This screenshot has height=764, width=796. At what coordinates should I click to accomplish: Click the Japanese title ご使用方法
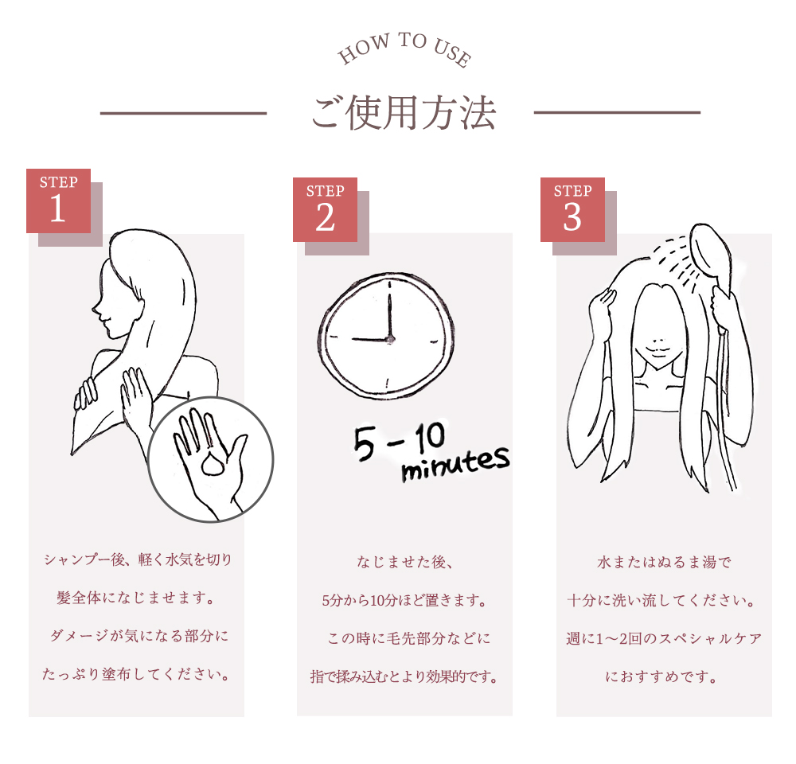pyautogui.click(x=403, y=113)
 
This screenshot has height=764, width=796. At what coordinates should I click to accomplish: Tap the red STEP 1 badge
pyautogui.click(x=58, y=201)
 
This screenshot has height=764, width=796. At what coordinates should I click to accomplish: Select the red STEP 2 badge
pyautogui.click(x=325, y=209)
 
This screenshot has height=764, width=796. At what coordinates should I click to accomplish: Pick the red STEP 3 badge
pyautogui.click(x=572, y=209)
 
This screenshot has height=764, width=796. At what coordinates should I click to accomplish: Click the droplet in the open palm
pyautogui.click(x=213, y=462)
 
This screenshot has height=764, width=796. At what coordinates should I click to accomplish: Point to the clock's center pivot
pyautogui.click(x=390, y=339)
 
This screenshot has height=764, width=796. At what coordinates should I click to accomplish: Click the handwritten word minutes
pyautogui.click(x=455, y=463)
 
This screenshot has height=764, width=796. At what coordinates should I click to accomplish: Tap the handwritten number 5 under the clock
pyautogui.click(x=365, y=443)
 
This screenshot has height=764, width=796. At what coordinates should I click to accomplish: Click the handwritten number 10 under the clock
pyautogui.click(x=430, y=437)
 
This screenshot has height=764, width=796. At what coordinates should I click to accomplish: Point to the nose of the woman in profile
pyautogui.click(x=96, y=307)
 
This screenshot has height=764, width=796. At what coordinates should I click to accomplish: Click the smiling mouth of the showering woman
pyautogui.click(x=659, y=350)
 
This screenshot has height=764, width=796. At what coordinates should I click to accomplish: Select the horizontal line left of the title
pyautogui.click(x=183, y=113)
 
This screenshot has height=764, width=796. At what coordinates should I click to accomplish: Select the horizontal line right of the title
pyautogui.click(x=618, y=112)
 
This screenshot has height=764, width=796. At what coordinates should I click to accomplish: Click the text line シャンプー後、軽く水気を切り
pyautogui.click(x=138, y=559)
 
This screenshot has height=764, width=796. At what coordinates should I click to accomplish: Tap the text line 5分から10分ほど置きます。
pyautogui.click(x=404, y=601)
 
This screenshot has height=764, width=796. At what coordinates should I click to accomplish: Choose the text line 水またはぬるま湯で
pyautogui.click(x=664, y=562)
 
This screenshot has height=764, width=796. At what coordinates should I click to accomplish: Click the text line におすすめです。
pyautogui.click(x=662, y=676)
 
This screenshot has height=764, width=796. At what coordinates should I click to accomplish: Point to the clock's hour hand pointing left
pyautogui.click(x=371, y=338)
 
